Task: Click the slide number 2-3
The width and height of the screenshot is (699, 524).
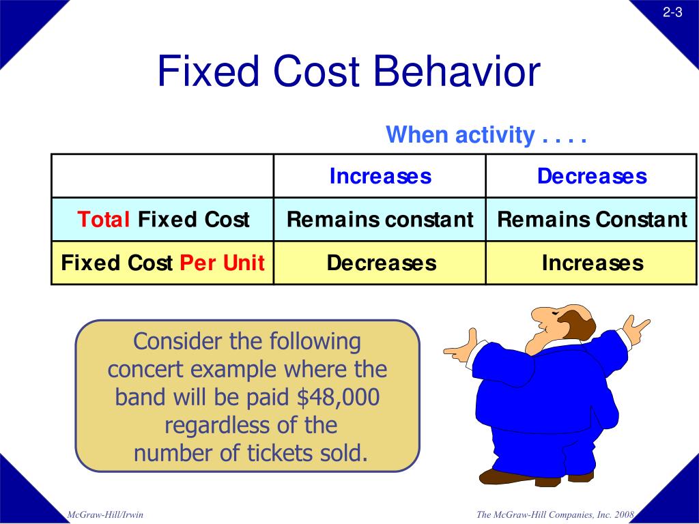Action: pyautogui.click(x=672, y=12)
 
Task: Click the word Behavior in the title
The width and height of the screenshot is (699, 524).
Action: pyautogui.click(x=456, y=72)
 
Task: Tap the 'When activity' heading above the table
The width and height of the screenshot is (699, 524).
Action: pyautogui.click(x=460, y=135)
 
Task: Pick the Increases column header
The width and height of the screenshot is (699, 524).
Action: pyautogui.click(x=380, y=176)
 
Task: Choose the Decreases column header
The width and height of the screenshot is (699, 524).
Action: pyautogui.click(x=591, y=176)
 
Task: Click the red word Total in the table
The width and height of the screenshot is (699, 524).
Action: pyautogui.click(x=104, y=220)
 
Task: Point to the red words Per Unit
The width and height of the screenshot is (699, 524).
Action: pyautogui.click(x=222, y=263)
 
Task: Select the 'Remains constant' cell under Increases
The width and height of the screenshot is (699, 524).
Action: pyautogui.click(x=380, y=220)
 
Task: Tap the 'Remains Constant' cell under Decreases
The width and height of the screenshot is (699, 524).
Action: pyautogui.click(x=591, y=220)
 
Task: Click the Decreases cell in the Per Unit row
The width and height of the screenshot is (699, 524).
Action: pyautogui.click(x=381, y=263)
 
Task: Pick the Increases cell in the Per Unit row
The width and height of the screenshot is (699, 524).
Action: pyautogui.click(x=592, y=263)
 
